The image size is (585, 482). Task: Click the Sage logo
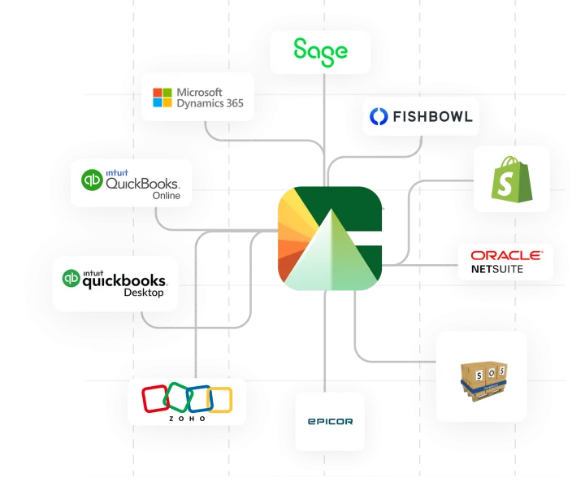(320, 50)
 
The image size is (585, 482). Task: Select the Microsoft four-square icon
(162, 98)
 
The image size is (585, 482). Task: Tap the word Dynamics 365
(210, 104)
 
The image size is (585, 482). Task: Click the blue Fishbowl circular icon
(378, 116)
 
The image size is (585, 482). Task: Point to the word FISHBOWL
(431, 116)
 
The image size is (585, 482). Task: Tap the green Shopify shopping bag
(511, 179)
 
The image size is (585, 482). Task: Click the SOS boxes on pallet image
(481, 376)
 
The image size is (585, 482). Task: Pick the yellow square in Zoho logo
(219, 398)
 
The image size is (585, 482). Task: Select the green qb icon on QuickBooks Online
(92, 179)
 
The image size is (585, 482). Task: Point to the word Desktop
(143, 293)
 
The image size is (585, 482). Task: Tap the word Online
(166, 196)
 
